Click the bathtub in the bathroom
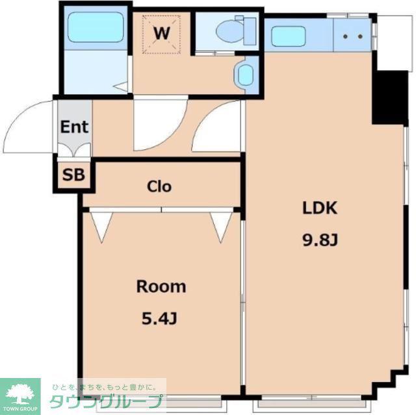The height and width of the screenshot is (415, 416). pos(96,27)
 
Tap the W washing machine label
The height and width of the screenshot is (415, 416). pos(162,33)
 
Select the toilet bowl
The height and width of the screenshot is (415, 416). pos(229,31)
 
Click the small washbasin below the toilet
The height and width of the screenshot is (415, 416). pos(246,75)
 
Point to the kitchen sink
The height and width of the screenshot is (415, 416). pos(289,36)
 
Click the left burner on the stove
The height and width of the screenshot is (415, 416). pos(345,36)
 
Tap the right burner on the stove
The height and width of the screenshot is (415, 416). pos(360,36)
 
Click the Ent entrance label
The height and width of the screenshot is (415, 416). pos(74,127)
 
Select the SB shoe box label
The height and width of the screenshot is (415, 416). pos(73,175)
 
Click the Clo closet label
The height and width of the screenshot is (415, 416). pos(159,186)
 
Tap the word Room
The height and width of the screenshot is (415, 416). pos(161,286)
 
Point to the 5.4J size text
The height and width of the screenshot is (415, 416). pos(159,318)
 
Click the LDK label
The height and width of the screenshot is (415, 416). pos(320,208)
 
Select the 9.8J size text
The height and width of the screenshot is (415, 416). pos(320,240)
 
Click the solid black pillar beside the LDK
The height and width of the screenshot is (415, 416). pos(390,97)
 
